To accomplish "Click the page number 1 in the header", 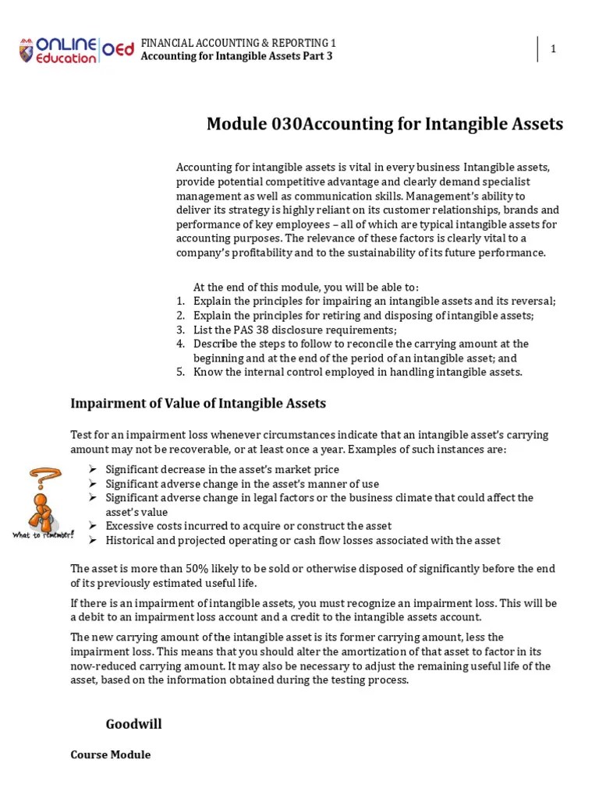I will tap(553, 49).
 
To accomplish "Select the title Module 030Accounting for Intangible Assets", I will tap(385, 125).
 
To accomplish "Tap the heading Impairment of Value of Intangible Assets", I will tap(198, 404).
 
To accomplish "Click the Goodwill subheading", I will tap(133, 725).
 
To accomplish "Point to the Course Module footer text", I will tap(111, 755).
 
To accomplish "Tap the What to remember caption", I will tap(43, 535).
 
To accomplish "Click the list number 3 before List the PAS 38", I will tap(179, 330).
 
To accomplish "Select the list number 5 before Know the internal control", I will tap(179, 372).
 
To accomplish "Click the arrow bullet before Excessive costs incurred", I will tap(93, 526).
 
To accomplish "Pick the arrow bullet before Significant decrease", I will tap(93, 469).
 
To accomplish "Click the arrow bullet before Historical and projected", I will tap(93, 540).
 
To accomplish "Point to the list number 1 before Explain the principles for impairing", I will tap(179, 302).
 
